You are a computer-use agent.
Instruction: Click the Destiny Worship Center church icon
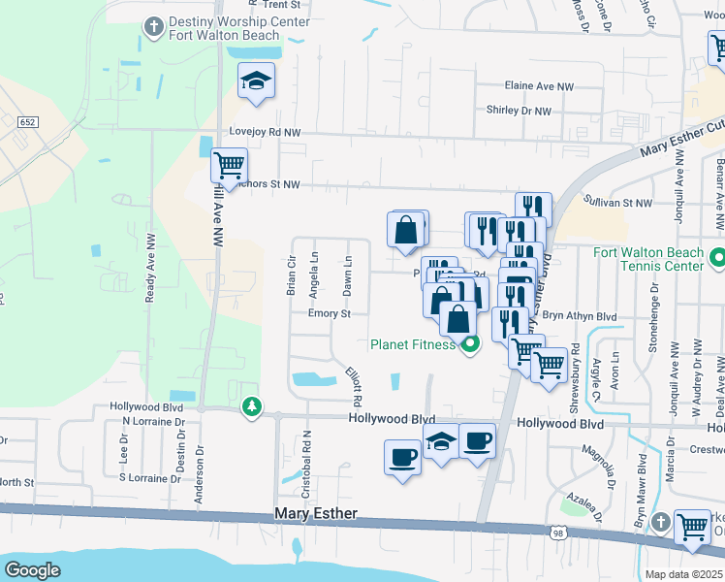tap(153, 27)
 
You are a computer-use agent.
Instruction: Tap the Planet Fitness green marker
tap(472, 344)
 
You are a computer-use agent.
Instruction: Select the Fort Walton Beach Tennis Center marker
tap(716, 259)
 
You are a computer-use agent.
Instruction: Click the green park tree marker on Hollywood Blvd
tap(252, 406)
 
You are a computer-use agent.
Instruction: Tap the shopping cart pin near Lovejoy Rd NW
tap(229, 166)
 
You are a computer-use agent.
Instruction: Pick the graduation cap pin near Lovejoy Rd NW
tap(257, 81)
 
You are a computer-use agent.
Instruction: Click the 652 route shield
tap(26, 120)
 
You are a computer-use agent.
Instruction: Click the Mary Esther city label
tap(316, 513)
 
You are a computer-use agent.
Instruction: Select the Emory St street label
tap(328, 313)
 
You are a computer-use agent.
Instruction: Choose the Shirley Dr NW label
tap(518, 112)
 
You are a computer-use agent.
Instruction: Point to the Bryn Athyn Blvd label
tap(580, 316)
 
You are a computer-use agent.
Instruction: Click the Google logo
tap(32, 570)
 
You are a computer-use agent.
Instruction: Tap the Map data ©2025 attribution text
tap(684, 574)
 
